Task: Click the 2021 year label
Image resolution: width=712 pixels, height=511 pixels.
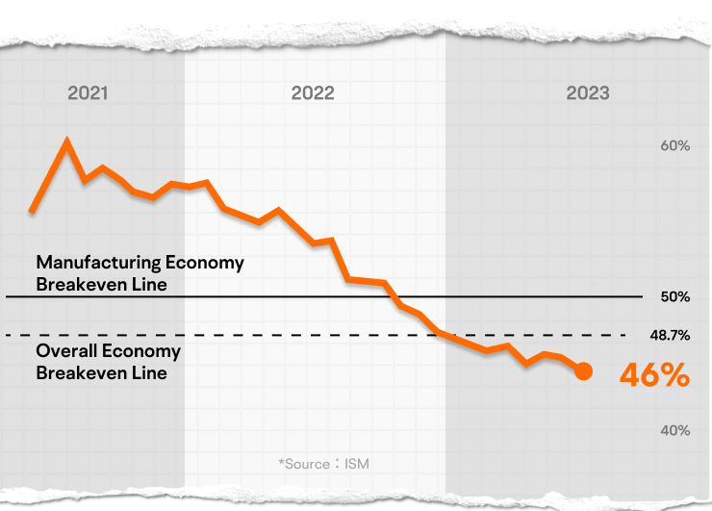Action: coord(88,93)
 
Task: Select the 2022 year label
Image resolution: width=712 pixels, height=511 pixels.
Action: coord(313,93)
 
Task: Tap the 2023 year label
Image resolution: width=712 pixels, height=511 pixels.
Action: coord(587,93)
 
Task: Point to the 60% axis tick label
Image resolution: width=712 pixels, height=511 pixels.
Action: coord(674,146)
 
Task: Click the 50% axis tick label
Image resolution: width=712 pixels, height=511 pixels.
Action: coord(674,296)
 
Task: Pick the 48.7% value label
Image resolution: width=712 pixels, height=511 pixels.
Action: coord(670,336)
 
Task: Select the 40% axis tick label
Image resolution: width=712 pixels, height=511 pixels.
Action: coord(674,430)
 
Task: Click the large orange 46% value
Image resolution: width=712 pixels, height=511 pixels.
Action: coord(654,375)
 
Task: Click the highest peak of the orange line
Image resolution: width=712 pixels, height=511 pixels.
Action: coord(66,142)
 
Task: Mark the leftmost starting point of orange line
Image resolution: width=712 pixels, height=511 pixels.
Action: coord(32,211)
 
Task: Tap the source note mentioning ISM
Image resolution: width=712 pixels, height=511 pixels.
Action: coord(323,464)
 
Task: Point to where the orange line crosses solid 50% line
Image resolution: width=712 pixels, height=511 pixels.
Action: coord(394,296)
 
